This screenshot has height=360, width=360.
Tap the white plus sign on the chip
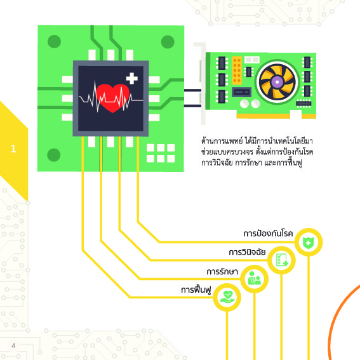point(132,78)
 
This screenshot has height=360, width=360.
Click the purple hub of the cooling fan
point(277,82)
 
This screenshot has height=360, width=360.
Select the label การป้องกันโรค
point(268,234)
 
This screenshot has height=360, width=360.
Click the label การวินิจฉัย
point(247,252)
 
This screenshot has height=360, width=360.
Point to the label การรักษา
point(222,271)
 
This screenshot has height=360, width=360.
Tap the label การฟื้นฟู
point(196,290)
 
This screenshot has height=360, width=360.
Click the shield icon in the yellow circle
point(309,242)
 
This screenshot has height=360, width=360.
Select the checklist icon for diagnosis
point(282,260)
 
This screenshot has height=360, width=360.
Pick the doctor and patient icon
point(255,279)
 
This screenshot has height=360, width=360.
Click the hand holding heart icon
point(227,297)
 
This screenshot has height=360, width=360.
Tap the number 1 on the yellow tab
point(13,149)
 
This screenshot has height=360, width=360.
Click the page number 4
point(13,345)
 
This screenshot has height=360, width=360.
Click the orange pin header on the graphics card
point(237,70)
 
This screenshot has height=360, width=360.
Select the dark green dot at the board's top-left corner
point(54,41)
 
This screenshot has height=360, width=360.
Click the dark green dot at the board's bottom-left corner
point(54,155)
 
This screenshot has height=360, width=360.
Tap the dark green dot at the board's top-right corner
point(168,42)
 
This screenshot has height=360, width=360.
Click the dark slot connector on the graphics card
point(241,92)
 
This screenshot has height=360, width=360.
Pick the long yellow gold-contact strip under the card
point(263,116)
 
